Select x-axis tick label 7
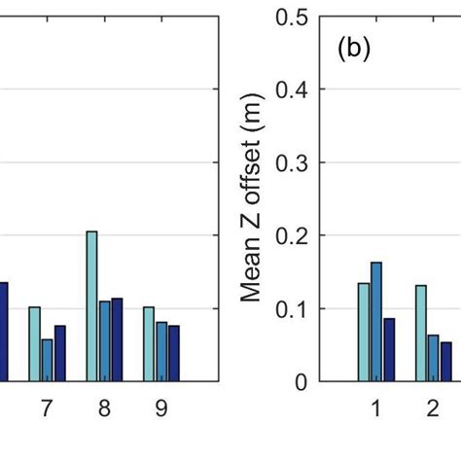pyautogui.click(x=47, y=409)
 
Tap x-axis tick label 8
pyautogui.click(x=104, y=409)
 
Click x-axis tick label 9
pyautogui.click(x=161, y=409)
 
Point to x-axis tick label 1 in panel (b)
pyautogui.click(x=375, y=409)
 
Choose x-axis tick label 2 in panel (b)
pyautogui.click(x=433, y=409)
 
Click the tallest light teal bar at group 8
pyautogui.click(x=91, y=306)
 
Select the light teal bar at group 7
pyautogui.click(x=34, y=344)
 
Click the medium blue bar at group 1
pyautogui.click(x=376, y=322)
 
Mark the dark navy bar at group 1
pyautogui.click(x=389, y=349)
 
